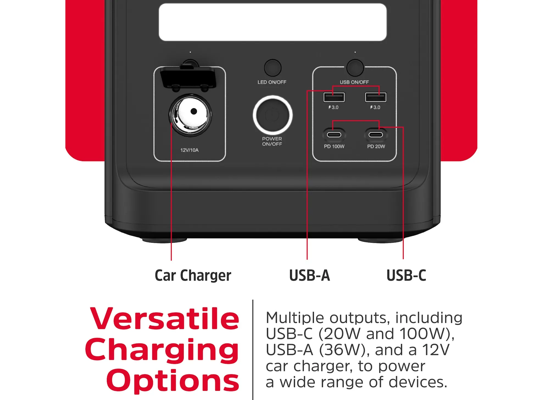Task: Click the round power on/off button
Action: click(x=272, y=115)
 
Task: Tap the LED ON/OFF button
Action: click(x=272, y=68)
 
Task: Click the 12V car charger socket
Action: click(x=190, y=115)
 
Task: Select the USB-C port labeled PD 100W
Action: click(x=334, y=135)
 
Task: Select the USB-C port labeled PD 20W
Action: click(x=375, y=135)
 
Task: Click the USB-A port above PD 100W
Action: click(x=334, y=97)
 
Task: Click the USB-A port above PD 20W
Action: click(x=375, y=97)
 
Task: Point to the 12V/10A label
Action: click(x=189, y=150)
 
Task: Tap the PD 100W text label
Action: click(x=334, y=147)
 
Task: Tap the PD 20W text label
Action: click(x=376, y=147)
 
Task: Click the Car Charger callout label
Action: click(x=193, y=276)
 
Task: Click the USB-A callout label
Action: click(x=310, y=275)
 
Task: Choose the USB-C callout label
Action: click(x=406, y=275)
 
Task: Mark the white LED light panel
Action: click(x=272, y=22)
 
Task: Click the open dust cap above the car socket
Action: click(x=188, y=78)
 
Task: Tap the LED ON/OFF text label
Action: click(x=272, y=82)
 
